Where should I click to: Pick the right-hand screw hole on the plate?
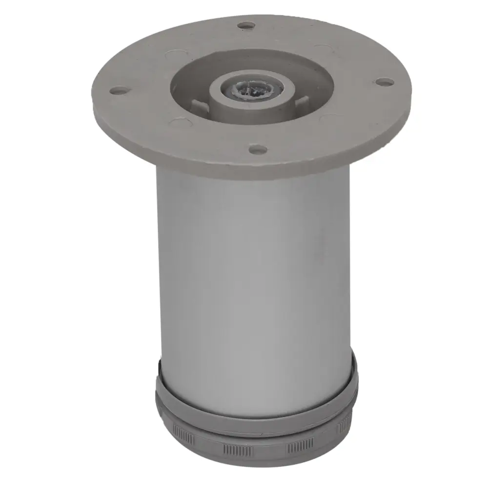click(385, 81)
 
